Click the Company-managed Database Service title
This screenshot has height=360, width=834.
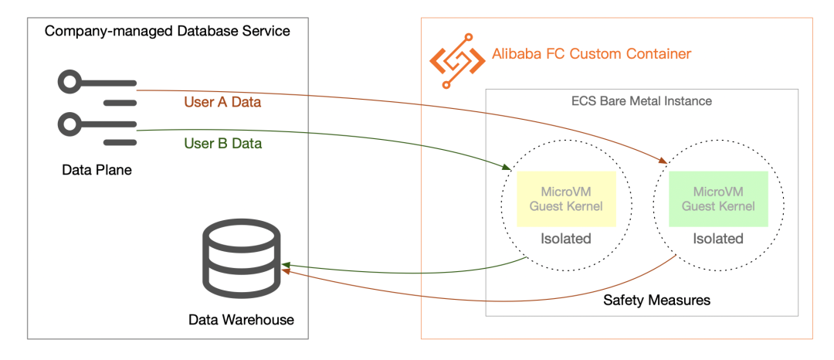[x=168, y=31]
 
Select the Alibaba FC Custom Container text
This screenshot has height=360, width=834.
[x=592, y=54]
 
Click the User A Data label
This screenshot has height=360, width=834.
[x=222, y=102]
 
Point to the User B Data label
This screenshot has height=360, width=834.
[x=222, y=144]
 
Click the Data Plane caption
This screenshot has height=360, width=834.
[x=97, y=171]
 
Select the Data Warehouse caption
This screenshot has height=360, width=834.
[x=241, y=320]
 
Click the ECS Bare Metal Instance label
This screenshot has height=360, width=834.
[x=641, y=101]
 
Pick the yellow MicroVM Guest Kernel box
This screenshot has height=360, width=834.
[x=566, y=199]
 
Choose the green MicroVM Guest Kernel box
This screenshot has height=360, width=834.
[x=718, y=199]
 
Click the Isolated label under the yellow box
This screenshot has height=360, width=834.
[x=566, y=239]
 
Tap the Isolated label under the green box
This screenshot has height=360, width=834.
[x=718, y=239]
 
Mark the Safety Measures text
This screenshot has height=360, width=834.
[x=656, y=299]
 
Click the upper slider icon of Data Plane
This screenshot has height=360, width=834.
[x=97, y=90]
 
